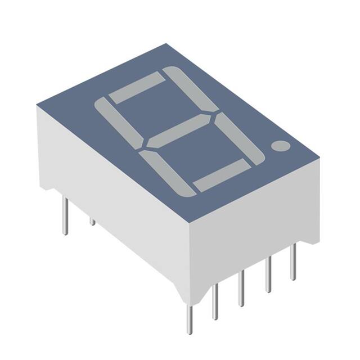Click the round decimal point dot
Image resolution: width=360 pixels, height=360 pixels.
[x=280, y=146]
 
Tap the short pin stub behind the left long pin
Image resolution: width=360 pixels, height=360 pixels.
[x=92, y=221]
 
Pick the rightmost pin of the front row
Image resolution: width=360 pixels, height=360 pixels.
[x=292, y=262]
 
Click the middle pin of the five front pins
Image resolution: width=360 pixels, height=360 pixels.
[x=241, y=288]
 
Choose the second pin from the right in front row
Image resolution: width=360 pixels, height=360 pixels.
[x=268, y=274]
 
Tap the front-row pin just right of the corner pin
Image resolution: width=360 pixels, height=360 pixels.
[x=214, y=301]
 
